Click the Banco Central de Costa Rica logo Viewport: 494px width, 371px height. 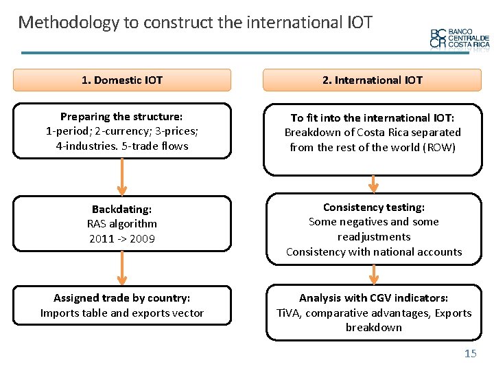point(459,38)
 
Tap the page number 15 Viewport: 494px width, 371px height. point(470,353)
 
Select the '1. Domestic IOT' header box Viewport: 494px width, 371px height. point(122,80)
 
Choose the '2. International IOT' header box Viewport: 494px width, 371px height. point(373,80)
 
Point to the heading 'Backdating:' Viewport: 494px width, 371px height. point(122,209)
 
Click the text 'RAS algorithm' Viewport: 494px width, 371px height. point(122,224)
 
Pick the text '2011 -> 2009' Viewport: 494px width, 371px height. point(122,239)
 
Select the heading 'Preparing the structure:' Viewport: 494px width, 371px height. point(122,117)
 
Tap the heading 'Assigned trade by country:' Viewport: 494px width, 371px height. point(122,297)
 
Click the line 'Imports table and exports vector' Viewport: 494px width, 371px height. point(122,313)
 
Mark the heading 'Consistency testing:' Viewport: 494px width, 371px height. point(374,207)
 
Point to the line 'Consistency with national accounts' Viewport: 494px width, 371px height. point(374,251)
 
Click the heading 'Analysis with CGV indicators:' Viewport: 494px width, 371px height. point(374,297)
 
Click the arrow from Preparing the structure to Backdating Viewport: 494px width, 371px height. point(122,177)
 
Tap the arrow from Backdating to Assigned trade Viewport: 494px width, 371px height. point(122,268)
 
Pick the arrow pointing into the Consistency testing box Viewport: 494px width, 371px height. point(374,183)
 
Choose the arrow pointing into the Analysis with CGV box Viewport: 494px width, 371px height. point(374,274)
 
